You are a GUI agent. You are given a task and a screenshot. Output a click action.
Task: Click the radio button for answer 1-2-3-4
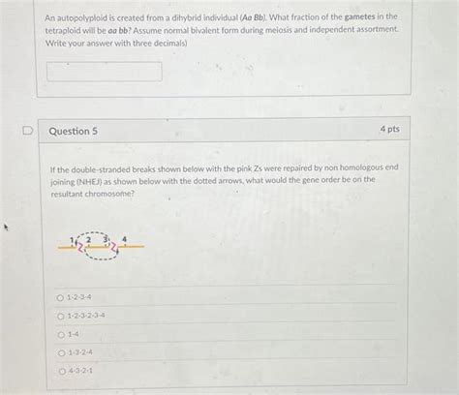tap(61, 297)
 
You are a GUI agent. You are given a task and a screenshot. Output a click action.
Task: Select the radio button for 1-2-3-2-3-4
tap(61, 316)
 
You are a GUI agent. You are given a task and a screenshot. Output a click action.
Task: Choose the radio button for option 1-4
tap(61, 334)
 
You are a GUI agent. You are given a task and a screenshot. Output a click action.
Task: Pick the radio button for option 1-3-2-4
tap(61, 352)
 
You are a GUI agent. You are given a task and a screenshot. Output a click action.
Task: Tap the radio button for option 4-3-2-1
tap(61, 371)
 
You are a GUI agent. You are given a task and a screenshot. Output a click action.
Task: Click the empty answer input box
tap(105, 71)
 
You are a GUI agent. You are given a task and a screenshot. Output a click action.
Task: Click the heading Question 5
tap(74, 131)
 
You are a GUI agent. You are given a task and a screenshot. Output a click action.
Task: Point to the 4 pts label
tap(389, 130)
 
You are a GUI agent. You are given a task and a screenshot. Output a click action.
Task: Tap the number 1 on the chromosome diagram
tap(72, 240)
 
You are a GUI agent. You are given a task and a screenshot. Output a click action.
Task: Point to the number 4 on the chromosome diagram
tap(124, 237)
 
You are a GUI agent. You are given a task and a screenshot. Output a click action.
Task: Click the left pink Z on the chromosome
tap(79, 248)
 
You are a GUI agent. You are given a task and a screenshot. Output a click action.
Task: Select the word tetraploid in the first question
tap(69, 30)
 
